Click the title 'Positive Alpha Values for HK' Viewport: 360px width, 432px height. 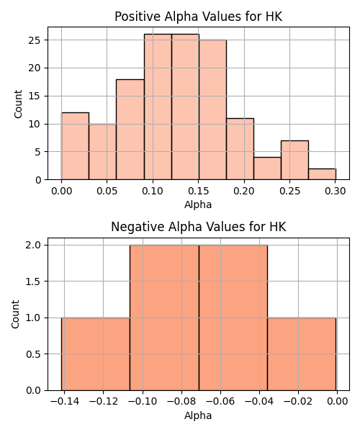[198, 17]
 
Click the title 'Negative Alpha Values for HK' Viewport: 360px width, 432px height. [198, 227]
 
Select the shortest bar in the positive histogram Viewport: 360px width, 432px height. [323, 174]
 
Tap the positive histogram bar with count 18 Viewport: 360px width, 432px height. [130, 130]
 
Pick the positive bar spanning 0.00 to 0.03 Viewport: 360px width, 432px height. [75, 146]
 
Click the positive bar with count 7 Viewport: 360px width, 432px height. [294, 160]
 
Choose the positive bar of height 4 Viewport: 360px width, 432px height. [267, 168]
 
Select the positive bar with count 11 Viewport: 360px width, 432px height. [240, 149]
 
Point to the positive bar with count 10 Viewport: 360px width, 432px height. [102, 152]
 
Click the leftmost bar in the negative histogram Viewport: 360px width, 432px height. [96, 354]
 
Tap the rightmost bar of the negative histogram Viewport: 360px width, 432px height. [302, 354]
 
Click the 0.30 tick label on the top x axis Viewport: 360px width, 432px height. [336, 191]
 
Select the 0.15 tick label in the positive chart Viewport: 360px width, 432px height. [198, 191]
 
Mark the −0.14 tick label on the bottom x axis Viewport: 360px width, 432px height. [65, 402]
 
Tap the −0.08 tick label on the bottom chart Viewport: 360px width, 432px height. [181, 402]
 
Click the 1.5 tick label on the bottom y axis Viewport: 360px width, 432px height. [33, 282]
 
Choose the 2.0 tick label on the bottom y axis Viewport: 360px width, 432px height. [33, 246]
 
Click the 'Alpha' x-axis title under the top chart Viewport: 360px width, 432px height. [198, 204]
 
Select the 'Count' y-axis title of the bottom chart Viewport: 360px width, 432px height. [16, 315]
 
